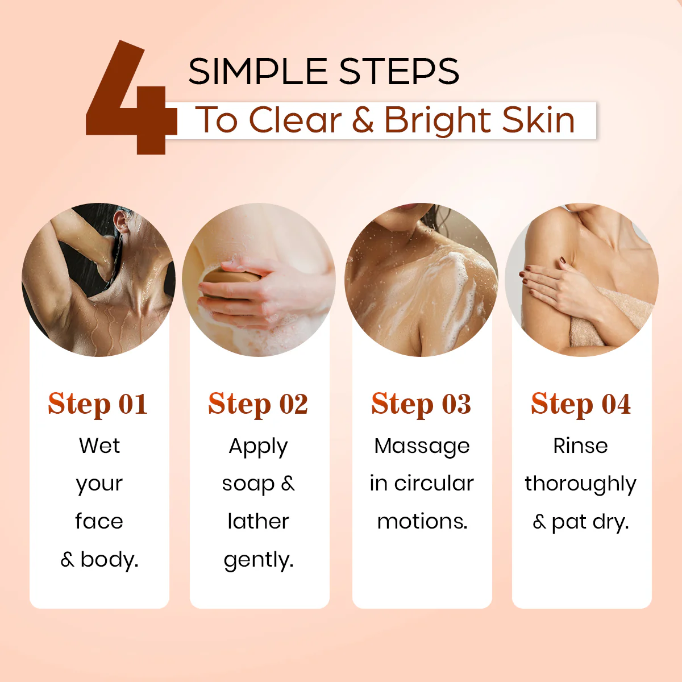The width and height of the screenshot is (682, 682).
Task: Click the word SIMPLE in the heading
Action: click(x=258, y=72)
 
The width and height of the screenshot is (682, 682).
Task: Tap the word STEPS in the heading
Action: click(x=399, y=72)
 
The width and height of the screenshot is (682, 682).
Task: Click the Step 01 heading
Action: click(x=98, y=404)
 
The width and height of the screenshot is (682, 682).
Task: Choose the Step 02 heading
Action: click(x=258, y=404)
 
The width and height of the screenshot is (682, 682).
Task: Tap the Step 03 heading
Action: click(x=421, y=404)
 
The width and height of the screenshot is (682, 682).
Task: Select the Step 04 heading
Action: click(x=581, y=404)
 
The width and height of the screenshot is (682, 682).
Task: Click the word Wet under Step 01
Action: click(x=99, y=446)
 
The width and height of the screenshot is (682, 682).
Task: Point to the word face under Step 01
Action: click(x=99, y=521)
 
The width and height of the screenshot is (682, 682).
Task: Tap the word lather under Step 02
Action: click(x=259, y=521)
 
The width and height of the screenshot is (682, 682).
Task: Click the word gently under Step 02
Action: click(x=257, y=560)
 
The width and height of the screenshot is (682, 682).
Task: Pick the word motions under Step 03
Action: click(x=421, y=522)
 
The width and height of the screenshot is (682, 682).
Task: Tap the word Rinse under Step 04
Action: click(x=580, y=446)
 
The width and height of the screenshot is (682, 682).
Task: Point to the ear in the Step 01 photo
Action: click(x=122, y=221)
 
